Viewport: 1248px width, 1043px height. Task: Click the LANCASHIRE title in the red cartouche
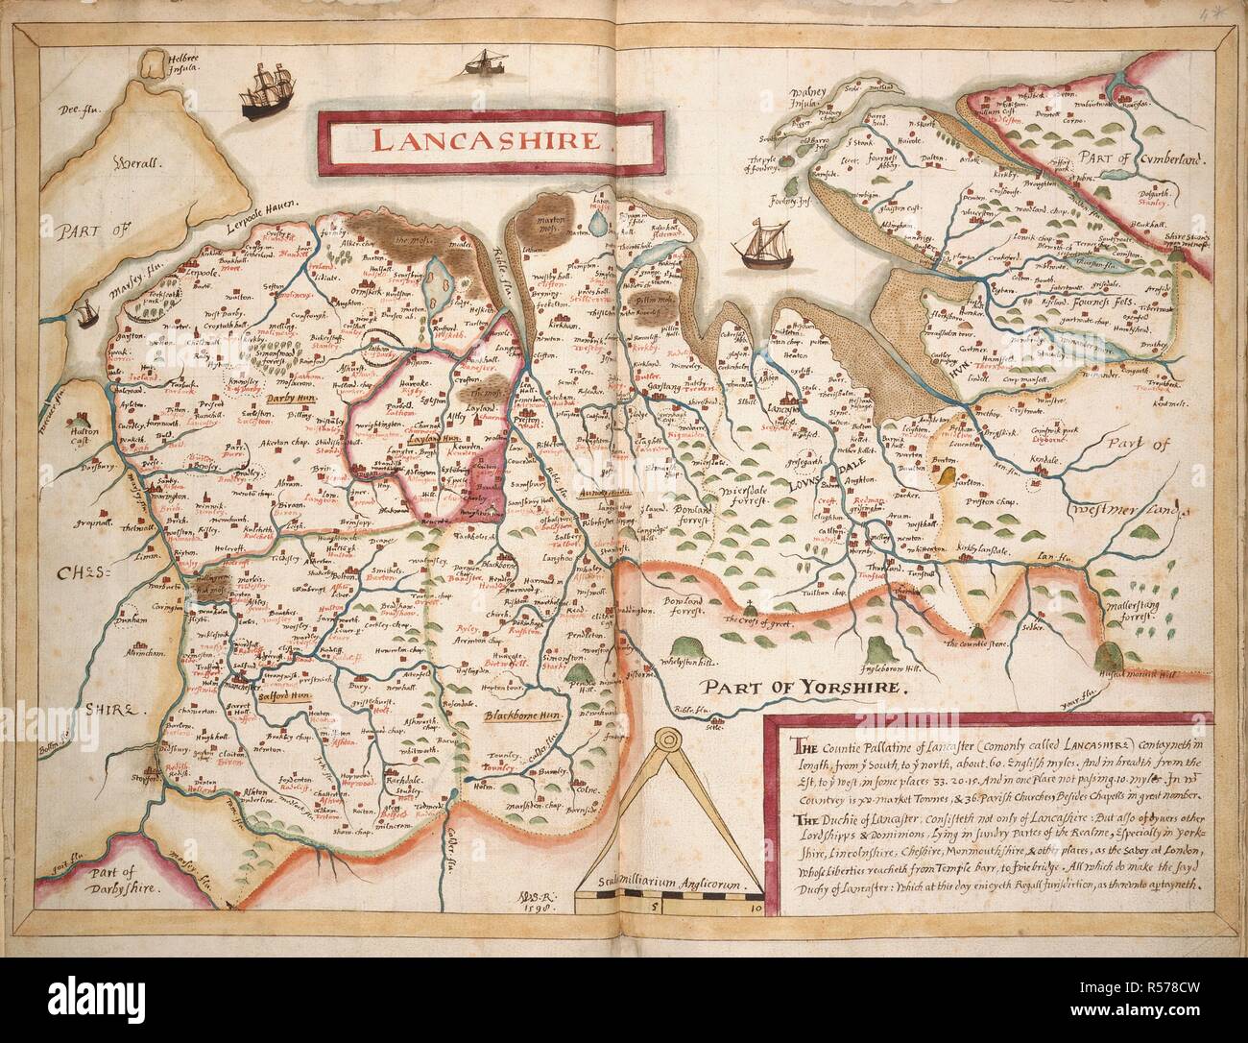tap(491, 139)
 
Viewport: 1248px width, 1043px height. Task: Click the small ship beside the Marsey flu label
tap(89, 311)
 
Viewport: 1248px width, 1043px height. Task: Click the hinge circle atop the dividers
tap(664, 740)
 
